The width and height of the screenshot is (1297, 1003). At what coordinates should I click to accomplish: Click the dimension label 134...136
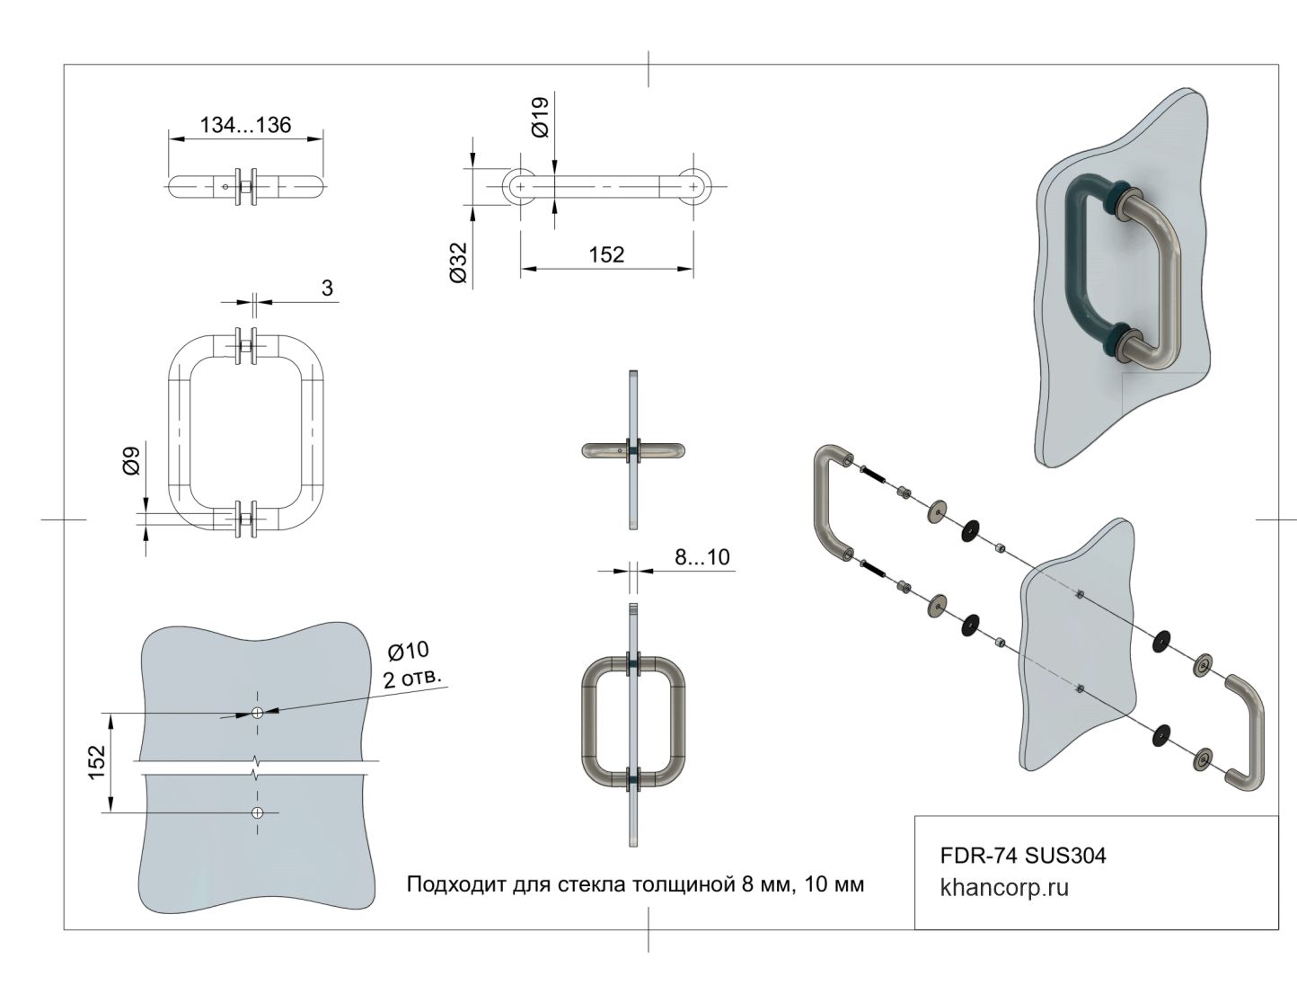coord(245,125)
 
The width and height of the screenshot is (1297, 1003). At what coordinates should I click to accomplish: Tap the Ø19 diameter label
coord(540,118)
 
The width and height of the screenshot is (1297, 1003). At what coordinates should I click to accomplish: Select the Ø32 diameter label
coord(459,262)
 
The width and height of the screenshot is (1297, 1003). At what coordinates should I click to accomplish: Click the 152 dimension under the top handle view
coord(606,254)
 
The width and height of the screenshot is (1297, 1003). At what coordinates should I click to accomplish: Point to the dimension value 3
coord(327,288)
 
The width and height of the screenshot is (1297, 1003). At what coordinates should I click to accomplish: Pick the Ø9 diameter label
coord(131,460)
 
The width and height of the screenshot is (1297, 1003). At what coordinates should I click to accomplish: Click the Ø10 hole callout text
coord(408,650)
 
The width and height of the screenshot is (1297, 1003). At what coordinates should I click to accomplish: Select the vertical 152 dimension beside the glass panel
coord(97,763)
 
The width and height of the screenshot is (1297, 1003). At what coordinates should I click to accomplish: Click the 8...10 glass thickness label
coord(702,557)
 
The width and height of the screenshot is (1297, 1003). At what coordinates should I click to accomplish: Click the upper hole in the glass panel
coord(257,713)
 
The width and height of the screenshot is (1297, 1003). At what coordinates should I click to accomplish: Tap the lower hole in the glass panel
coord(257,812)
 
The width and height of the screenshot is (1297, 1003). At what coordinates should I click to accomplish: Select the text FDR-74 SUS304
coord(1022,855)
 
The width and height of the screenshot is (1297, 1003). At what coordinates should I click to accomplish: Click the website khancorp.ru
coord(1004,888)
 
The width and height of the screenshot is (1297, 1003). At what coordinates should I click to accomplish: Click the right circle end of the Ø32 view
coord(693,185)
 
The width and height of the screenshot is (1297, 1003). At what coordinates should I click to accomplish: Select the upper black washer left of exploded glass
coord(970,530)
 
